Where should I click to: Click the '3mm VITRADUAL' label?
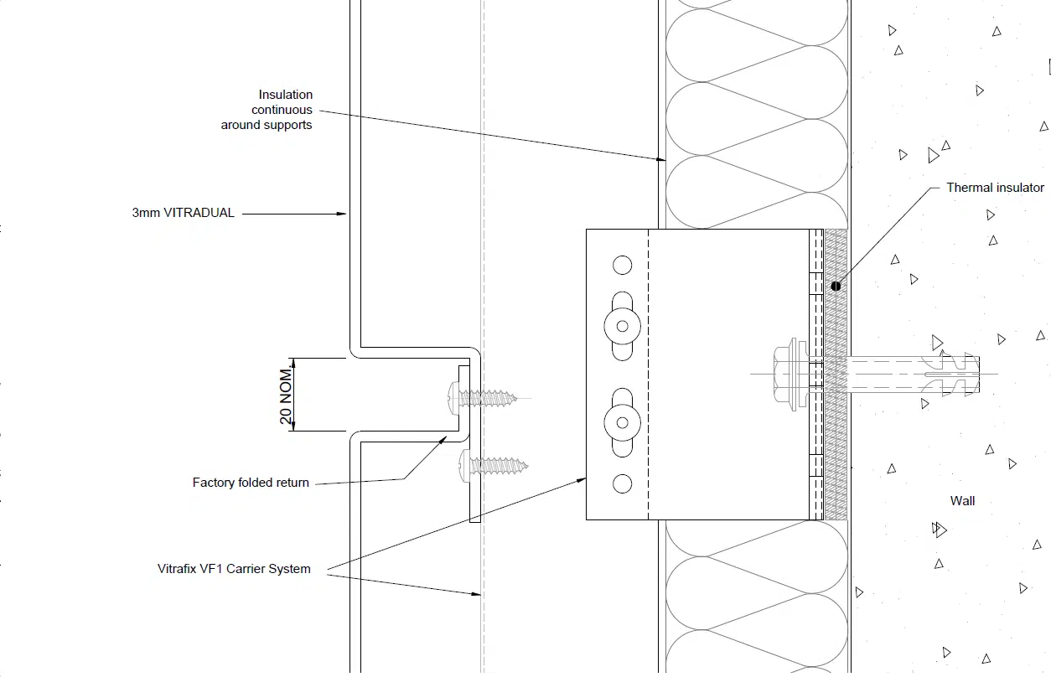183,213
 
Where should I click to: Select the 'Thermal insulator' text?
995,188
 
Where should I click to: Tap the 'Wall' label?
962,500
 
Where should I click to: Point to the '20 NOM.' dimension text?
286,395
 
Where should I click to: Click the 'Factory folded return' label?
251,483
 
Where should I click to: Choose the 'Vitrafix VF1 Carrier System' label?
234,569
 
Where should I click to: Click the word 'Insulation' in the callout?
285,95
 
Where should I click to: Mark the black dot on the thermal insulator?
836,287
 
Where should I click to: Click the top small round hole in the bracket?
622,265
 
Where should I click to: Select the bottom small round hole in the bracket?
622,483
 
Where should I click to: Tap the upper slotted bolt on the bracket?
622,326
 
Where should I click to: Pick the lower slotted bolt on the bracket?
622,423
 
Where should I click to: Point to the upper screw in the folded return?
482,398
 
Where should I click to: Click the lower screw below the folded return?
494,466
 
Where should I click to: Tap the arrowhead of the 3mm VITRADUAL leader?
342,214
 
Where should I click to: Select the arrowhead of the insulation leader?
660,159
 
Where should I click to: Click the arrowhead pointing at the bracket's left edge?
582,480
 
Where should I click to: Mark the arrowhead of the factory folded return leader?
443,440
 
